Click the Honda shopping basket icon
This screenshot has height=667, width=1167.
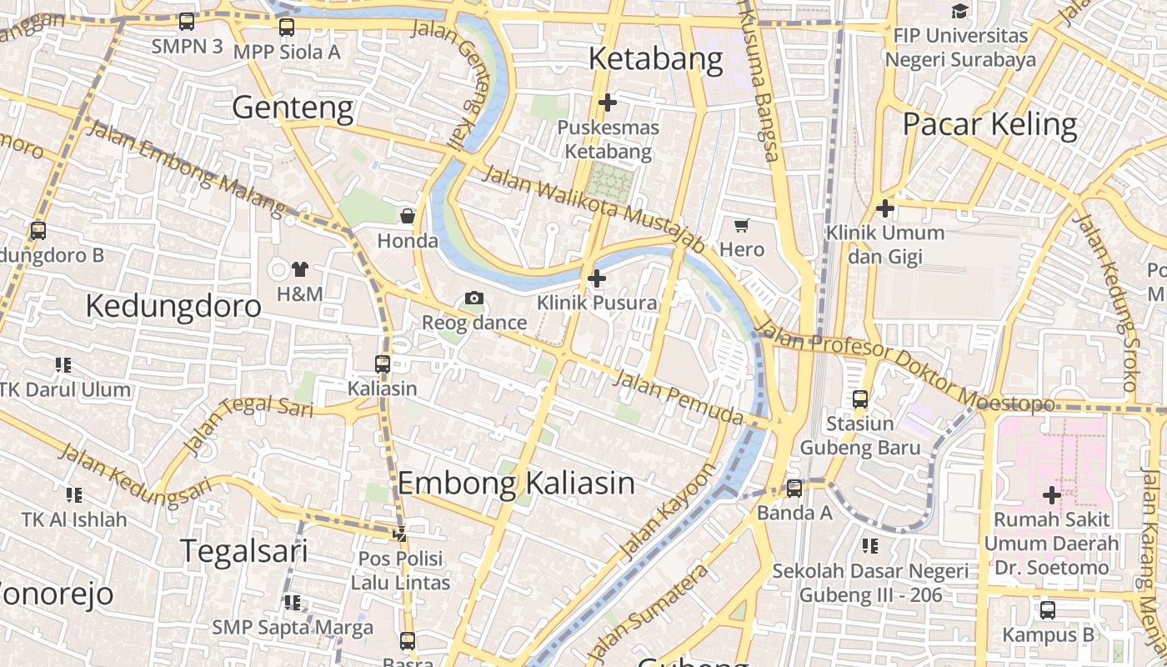pyautogui.click(x=408, y=217)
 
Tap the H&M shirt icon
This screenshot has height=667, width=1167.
pyautogui.click(x=300, y=269)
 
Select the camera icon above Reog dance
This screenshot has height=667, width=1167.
pyautogui.click(x=474, y=298)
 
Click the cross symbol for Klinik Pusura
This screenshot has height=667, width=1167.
pyautogui.click(x=597, y=278)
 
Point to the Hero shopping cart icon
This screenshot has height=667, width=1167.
pyautogui.click(x=742, y=225)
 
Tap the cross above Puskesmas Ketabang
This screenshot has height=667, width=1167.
pyautogui.click(x=609, y=103)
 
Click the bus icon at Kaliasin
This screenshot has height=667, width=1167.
pyautogui.click(x=383, y=364)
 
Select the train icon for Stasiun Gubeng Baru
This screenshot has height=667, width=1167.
pyautogui.click(x=860, y=399)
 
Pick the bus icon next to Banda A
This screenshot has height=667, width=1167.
pyautogui.click(x=794, y=489)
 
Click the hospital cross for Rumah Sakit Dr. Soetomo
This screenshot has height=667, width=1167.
pyautogui.click(x=1052, y=495)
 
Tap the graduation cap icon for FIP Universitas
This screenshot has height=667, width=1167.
pyautogui.click(x=960, y=12)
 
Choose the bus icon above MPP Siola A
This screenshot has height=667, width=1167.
pyautogui.click(x=287, y=27)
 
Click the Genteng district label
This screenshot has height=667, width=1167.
pyautogui.click(x=293, y=108)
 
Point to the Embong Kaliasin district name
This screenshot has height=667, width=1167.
pyautogui.click(x=516, y=484)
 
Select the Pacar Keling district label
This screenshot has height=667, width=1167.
pyautogui.click(x=990, y=124)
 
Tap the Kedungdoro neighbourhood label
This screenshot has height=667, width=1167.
pyautogui.click(x=173, y=306)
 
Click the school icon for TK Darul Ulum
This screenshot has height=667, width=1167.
pyautogui.click(x=63, y=365)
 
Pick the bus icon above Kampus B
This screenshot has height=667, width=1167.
pyautogui.click(x=1048, y=610)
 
